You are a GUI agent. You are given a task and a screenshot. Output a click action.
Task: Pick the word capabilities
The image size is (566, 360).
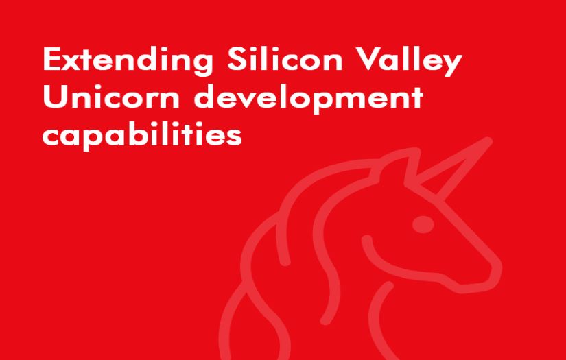pyautogui.click(x=142, y=134)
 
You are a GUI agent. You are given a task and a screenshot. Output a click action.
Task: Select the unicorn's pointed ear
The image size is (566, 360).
pyautogui.click(x=405, y=165)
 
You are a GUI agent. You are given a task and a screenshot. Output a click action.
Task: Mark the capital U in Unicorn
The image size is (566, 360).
pyautogui.click(x=53, y=97)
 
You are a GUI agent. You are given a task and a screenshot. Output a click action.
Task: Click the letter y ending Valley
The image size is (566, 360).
pyautogui.click(x=450, y=65)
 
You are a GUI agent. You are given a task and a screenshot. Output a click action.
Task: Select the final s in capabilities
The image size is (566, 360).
pyautogui.click(x=235, y=135)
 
